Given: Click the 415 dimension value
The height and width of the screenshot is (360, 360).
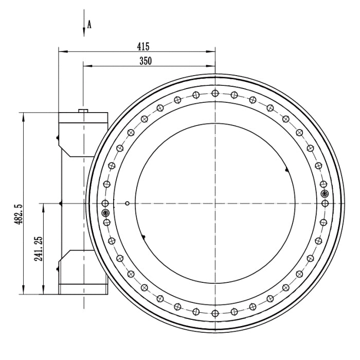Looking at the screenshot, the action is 143,47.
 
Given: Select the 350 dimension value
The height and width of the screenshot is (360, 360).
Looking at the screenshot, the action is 146,61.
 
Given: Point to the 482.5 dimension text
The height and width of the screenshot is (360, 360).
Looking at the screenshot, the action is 18,214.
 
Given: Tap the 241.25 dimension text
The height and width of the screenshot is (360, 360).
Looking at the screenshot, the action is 39,248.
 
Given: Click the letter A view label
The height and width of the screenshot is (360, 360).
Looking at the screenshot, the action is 89,24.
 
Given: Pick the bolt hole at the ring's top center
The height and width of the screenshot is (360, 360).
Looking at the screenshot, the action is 215,93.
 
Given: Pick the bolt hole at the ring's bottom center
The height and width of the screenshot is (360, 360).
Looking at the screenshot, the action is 215,313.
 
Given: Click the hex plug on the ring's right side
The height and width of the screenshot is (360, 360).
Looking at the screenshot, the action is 325,194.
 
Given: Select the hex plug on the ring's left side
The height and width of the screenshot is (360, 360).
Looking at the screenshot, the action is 105,213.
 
